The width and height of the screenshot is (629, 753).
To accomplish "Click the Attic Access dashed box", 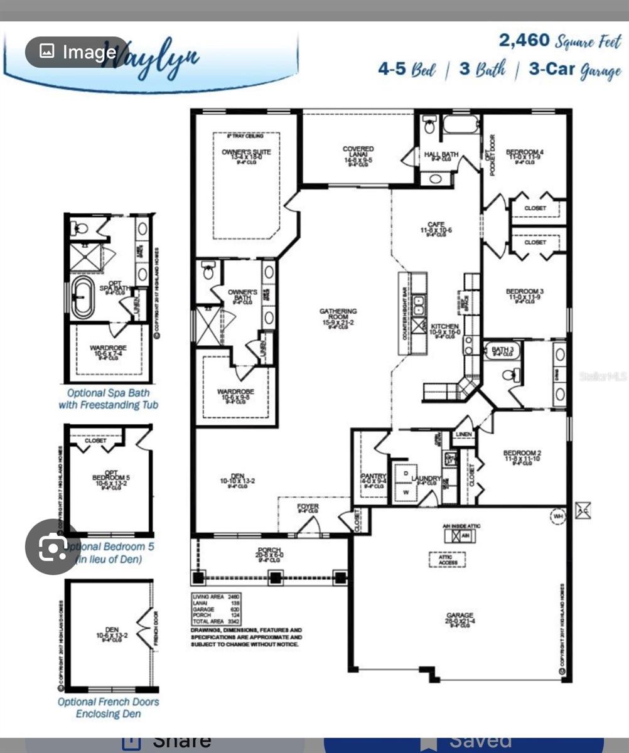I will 448,560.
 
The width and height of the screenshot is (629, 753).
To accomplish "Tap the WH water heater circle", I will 557,516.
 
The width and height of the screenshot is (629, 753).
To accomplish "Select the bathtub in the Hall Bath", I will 461,125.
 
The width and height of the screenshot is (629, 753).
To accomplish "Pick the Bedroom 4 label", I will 525,153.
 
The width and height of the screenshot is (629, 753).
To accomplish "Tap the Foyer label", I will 308,507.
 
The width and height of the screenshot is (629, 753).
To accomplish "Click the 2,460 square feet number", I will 524,41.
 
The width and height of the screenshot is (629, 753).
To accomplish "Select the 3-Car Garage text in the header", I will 574,70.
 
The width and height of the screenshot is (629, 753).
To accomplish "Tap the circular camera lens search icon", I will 53,547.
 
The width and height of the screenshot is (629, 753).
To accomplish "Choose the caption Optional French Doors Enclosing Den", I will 109,707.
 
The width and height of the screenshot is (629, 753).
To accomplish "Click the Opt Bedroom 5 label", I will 111,477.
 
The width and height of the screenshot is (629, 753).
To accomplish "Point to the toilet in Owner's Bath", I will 208,272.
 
